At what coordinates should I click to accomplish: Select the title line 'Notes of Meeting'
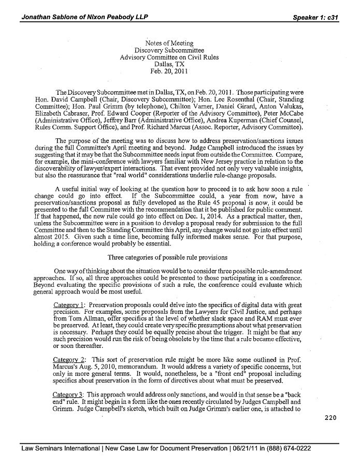(169, 43)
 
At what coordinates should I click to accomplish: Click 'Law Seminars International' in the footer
(61, 448)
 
